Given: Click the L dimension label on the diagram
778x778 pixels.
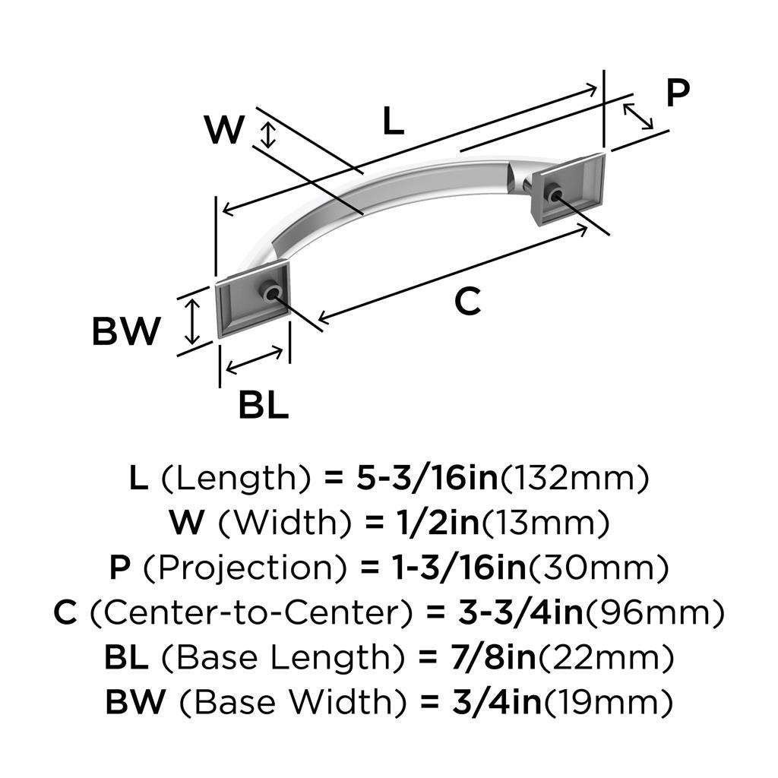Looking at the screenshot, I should [392, 122].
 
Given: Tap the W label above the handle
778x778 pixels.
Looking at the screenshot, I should [225, 130].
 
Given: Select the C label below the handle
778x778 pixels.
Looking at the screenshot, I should [468, 302].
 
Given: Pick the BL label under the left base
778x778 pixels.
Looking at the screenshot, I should [264, 406].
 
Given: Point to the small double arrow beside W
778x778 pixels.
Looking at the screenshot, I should [266, 134].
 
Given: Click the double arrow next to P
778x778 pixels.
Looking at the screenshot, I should [637, 115].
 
